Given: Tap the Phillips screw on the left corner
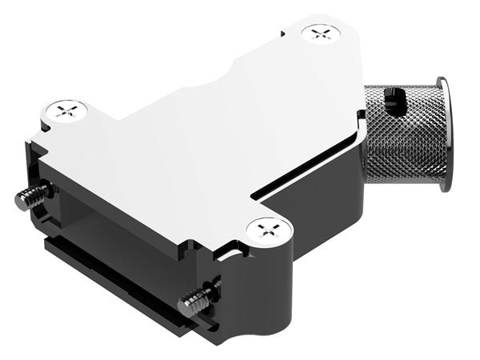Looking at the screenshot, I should click(66, 109).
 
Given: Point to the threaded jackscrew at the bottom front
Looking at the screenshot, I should click(196, 300).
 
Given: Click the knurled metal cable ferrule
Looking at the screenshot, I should click(400, 136).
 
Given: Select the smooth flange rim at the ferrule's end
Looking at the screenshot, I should click(444, 134).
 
